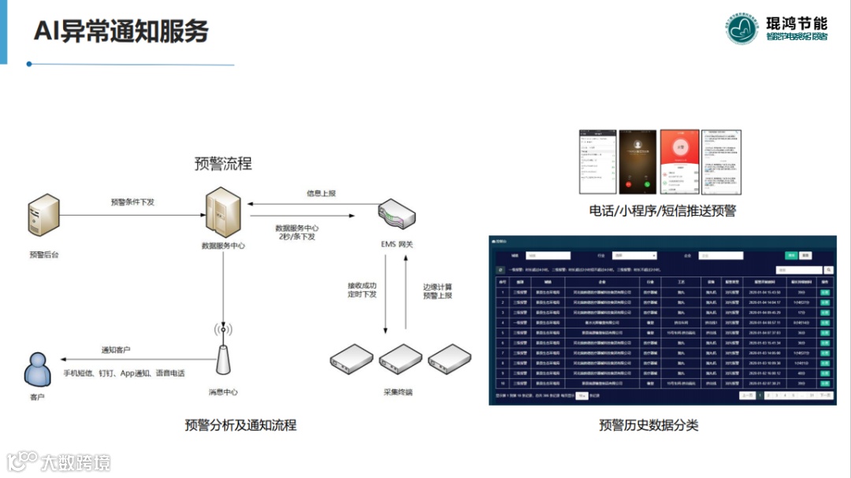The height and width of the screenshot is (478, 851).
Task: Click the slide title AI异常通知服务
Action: click(x=121, y=31)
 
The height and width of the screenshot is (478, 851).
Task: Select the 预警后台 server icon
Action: click(x=44, y=217)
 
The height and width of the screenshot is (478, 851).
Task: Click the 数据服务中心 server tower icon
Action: click(x=223, y=213)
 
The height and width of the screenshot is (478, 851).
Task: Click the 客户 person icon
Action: click(x=36, y=369)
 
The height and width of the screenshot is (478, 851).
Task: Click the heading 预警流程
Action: click(x=223, y=164)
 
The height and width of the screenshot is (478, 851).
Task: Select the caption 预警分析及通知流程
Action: click(x=240, y=425)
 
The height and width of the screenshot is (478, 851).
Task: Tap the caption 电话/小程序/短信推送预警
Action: click(x=662, y=210)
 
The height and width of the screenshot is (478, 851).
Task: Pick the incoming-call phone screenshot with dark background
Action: click(x=638, y=161)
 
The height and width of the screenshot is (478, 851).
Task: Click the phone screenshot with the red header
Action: click(x=679, y=161)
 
